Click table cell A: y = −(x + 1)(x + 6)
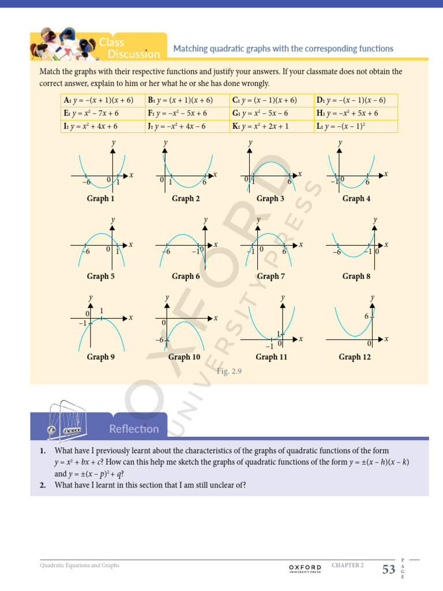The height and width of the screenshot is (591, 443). coord(103,100)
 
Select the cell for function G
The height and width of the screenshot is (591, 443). coord(271,113)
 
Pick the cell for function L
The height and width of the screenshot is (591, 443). coord(356,126)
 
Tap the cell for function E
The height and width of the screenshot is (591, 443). coord(103,113)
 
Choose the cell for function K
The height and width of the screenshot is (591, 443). coord(271,126)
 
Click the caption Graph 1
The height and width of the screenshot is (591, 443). coord(100,199)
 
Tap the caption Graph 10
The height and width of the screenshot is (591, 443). coord(184,357)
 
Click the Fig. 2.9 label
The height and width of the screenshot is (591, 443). coord(229,372)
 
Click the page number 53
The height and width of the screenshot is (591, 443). coord(389,570)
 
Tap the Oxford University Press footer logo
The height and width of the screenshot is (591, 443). coord(305,568)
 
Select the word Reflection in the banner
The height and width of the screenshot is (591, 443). coord(134,429)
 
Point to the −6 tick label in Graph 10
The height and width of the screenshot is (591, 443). coord(160,341)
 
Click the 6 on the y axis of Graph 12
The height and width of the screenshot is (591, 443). coord(366,316)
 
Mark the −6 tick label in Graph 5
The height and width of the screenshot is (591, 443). coord(86,252)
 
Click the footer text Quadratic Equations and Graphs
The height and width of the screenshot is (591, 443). coord(80,566)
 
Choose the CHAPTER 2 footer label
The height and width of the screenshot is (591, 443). coord(348,566)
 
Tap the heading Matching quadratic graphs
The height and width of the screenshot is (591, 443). coord(283,49)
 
